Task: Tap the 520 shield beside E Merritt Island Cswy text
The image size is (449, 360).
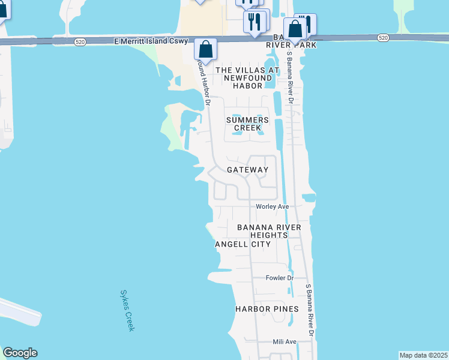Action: (x=80, y=41)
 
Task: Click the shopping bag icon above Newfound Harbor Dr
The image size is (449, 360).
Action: (x=205, y=50)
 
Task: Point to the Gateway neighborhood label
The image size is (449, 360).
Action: (x=247, y=170)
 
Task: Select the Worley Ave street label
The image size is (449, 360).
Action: (x=273, y=206)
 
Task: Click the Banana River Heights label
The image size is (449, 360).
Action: (x=273, y=231)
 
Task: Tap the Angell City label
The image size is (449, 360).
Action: (x=243, y=244)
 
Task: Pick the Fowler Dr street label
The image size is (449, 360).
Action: (x=279, y=278)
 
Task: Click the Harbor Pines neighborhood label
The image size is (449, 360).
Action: (x=267, y=309)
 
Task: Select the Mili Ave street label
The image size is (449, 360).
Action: (x=285, y=341)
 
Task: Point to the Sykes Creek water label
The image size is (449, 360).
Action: (x=127, y=310)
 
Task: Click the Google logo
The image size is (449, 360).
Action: (x=20, y=353)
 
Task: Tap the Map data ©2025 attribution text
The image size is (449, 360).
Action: (x=424, y=355)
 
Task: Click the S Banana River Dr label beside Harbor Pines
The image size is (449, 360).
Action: (x=310, y=309)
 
